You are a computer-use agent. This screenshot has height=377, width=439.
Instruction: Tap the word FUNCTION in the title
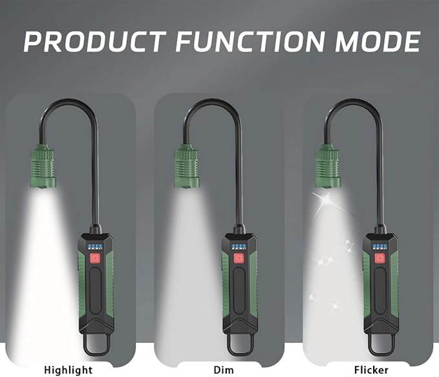click(251, 41)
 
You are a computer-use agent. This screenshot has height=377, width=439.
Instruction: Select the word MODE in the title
click(378, 41)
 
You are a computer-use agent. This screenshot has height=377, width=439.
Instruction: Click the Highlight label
click(68, 370)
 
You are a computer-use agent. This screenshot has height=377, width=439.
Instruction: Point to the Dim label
click(224, 370)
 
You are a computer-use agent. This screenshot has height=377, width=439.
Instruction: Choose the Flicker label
click(371, 370)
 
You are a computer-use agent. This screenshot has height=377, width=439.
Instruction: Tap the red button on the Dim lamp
click(239, 258)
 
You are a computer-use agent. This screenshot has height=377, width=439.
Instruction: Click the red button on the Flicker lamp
click(380, 258)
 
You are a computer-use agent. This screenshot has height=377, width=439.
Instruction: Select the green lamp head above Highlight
click(43, 166)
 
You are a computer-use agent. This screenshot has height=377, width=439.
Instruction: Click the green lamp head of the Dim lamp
click(187, 166)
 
